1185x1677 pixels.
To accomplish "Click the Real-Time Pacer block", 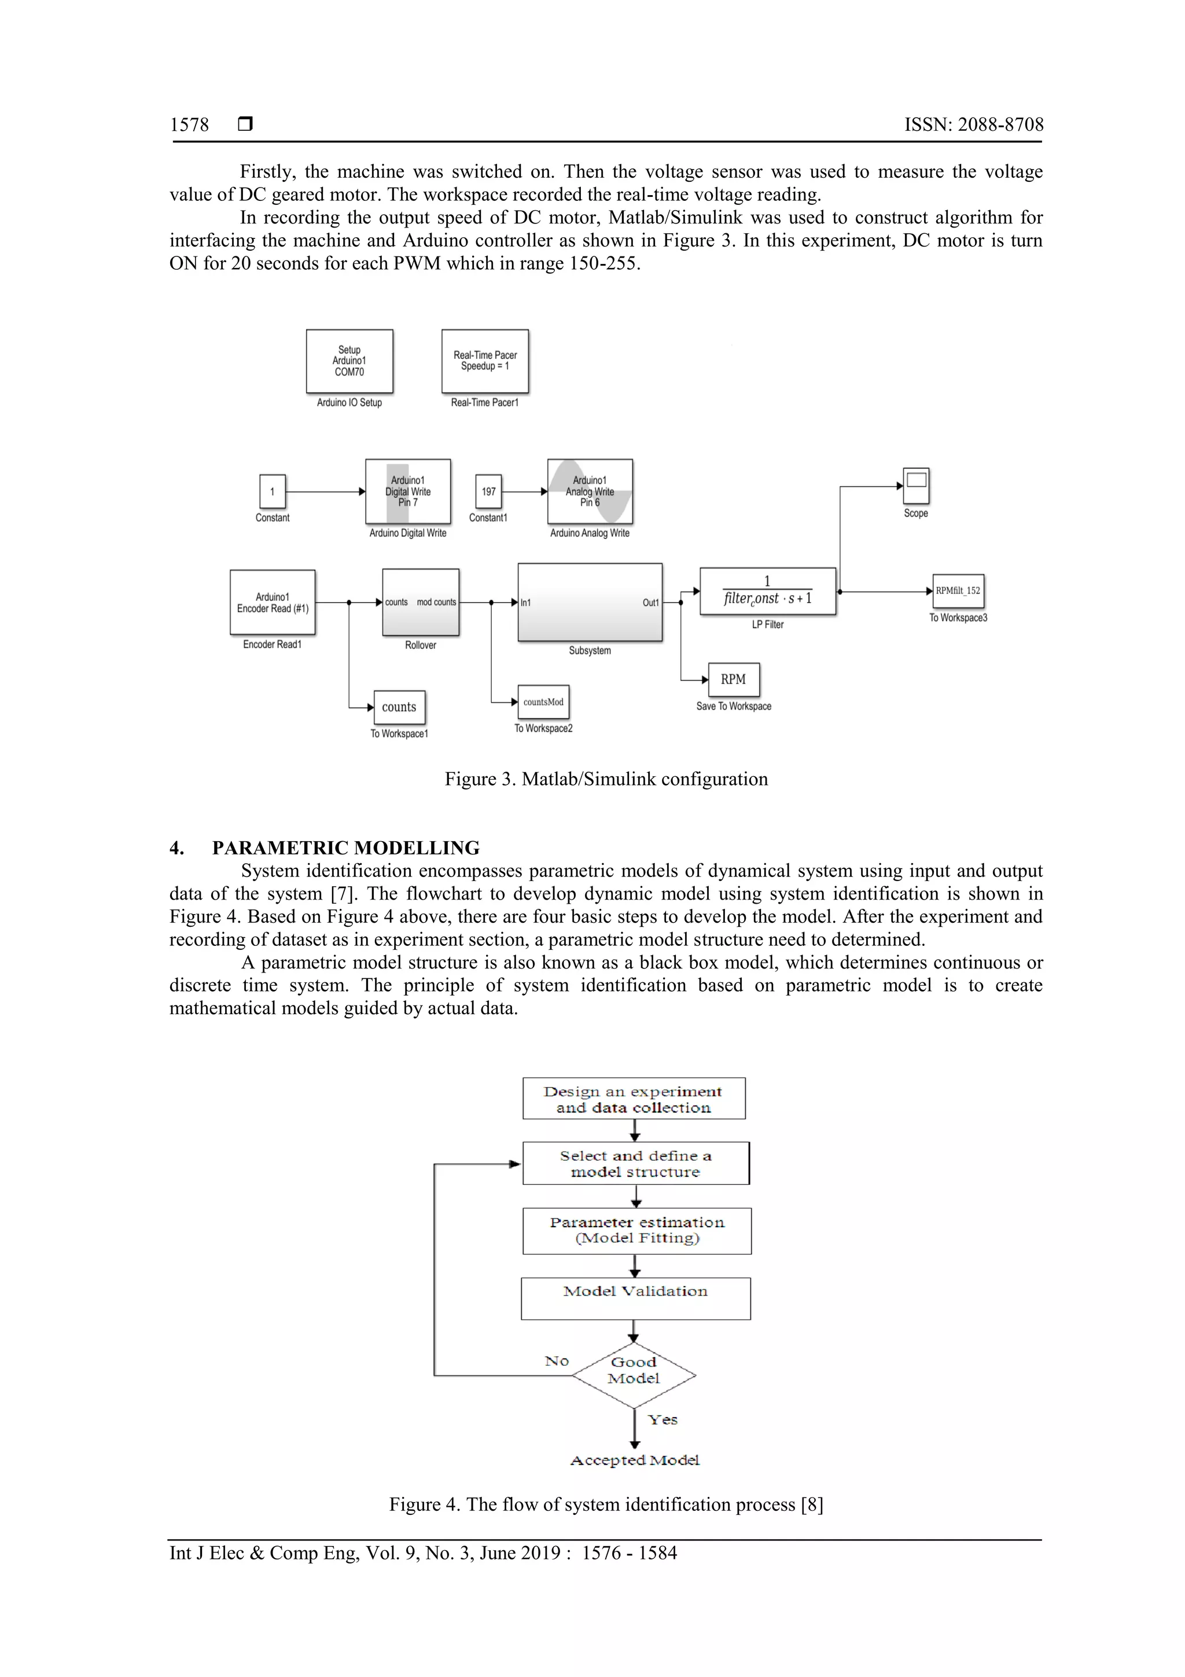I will coord(485,361).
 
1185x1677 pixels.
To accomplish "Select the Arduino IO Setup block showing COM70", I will coord(349,361).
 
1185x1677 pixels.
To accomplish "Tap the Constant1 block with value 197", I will coord(488,491).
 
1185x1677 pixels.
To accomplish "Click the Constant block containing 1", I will coord(273,491).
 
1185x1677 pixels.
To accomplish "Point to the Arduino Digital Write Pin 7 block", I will coord(407,491).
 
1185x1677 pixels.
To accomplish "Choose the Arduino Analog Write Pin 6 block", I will coord(590,491).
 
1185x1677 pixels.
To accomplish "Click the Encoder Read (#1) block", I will coord(273,603).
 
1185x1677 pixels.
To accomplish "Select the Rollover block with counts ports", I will coord(421,603).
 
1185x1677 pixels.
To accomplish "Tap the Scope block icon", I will coord(917,486).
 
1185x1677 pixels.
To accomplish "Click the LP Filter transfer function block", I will coord(767,592).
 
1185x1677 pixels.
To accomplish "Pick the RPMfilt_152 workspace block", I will coord(958,591).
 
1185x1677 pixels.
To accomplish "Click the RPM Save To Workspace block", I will coord(734,679).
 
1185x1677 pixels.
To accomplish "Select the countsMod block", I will coord(543,702).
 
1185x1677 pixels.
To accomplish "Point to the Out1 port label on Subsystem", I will coord(650,603).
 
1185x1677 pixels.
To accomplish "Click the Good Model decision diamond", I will coord(634,1375).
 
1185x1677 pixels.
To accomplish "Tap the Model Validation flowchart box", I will coord(635,1298).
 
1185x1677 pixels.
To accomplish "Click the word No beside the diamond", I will coord(557,1361).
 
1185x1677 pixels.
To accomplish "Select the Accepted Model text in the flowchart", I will coord(635,1460).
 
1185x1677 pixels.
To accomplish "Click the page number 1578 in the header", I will coord(189,125).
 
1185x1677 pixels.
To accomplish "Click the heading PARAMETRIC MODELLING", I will coord(345,848).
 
